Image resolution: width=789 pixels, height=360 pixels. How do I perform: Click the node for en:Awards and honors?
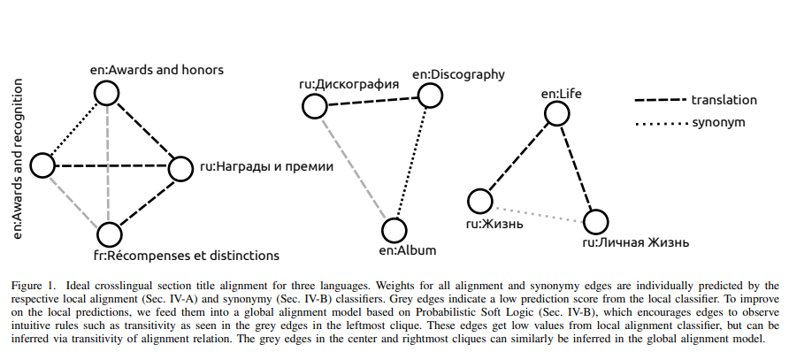tap(108, 93)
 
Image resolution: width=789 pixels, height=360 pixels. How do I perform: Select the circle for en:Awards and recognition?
tap(42, 165)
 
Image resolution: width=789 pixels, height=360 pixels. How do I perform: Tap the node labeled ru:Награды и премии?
tap(180, 168)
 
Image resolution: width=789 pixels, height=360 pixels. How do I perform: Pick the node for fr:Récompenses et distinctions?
tap(109, 234)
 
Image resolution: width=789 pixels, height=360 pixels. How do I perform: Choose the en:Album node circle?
tap(394, 230)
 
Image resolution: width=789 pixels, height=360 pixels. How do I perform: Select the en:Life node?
tap(556, 113)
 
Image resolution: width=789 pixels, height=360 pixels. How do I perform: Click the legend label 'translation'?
tap(724, 99)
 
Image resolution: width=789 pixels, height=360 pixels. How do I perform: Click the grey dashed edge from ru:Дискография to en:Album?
tap(354, 168)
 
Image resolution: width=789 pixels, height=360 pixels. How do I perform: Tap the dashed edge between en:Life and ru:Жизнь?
tap(518, 157)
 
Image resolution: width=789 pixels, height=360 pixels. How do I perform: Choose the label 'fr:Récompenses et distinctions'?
tap(188, 256)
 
